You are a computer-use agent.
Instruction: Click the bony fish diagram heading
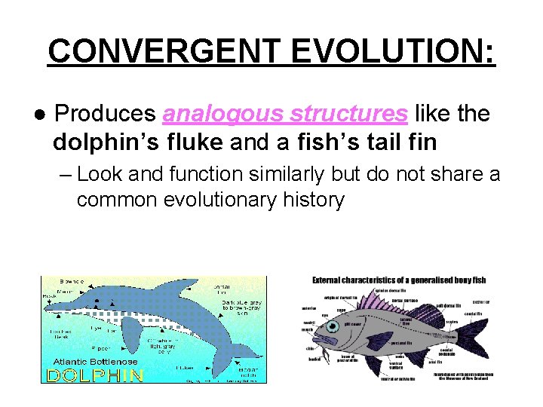click(399, 280)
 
